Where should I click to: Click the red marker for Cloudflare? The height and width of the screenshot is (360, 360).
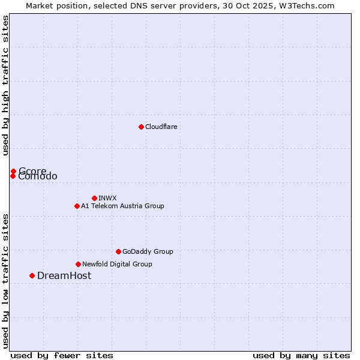141,127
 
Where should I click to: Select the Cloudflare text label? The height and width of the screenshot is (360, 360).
161,127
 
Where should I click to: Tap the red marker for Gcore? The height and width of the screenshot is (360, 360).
13,171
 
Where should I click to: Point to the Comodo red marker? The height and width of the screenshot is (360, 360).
13,176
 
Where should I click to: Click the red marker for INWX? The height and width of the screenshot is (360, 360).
94,198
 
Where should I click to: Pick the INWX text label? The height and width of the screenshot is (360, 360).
107,198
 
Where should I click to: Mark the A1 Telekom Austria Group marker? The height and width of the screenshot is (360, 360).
77,206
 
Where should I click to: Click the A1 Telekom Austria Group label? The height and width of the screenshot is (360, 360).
122,206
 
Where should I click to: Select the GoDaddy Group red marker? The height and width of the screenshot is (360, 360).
118,251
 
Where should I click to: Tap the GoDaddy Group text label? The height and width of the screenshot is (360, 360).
147,251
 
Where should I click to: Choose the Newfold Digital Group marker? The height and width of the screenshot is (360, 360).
78,264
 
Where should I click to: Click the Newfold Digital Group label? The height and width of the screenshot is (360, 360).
117,264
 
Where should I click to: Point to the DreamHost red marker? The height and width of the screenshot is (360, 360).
32,275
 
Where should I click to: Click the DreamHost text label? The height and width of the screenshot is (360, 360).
64,275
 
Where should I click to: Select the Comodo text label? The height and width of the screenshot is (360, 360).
38,177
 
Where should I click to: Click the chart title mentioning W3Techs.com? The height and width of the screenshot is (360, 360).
180,5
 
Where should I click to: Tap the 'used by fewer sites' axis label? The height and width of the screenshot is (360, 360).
62,355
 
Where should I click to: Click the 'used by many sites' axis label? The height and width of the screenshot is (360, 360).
301,355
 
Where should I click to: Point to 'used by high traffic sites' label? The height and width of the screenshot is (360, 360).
5,86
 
